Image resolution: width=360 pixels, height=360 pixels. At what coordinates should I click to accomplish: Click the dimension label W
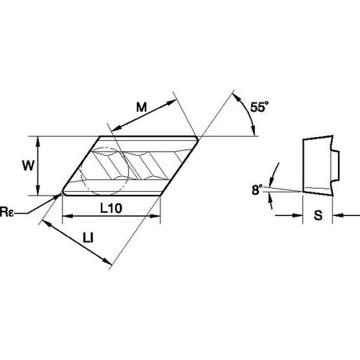[28, 165]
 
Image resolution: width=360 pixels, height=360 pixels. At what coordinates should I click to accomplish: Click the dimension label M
[142, 107]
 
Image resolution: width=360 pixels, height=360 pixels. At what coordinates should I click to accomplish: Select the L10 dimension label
[111, 208]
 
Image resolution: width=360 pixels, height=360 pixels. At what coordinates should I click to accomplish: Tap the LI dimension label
[88, 238]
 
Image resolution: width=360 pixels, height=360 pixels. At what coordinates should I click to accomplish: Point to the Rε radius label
[6, 212]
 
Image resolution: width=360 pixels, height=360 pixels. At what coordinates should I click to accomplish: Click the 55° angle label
[259, 107]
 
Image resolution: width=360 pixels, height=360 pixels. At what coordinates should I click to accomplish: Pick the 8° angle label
[257, 189]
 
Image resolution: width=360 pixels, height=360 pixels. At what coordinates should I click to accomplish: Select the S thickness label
[318, 215]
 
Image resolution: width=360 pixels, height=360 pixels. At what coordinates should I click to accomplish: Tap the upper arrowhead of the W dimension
[38, 142]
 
